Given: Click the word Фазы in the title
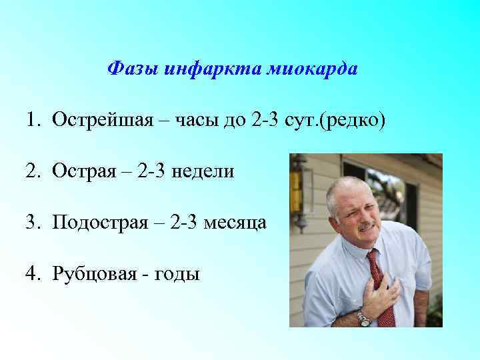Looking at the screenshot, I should (131, 69).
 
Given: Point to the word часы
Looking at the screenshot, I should (202, 121).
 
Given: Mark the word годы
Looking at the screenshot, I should (177, 274).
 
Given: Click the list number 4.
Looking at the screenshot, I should (33, 273).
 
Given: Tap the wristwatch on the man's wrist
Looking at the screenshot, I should (364, 319).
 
